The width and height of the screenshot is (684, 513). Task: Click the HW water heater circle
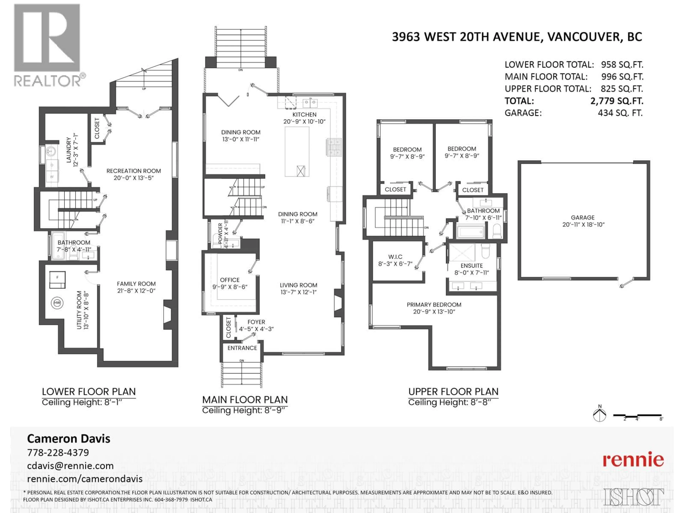coord(57,303)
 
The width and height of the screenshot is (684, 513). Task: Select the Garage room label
coord(583,217)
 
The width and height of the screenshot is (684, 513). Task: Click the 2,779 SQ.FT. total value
coord(617,101)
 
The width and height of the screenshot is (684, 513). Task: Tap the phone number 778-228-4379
coord(58,452)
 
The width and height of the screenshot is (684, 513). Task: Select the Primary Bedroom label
coord(434,305)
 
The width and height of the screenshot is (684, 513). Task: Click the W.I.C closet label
coord(395,257)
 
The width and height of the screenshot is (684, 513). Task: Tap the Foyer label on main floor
coord(256,322)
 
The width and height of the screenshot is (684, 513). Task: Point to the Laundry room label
coord(69,150)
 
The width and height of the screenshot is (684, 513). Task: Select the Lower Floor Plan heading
coord(89,392)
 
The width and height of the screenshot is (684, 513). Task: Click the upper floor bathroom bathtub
coord(470,231)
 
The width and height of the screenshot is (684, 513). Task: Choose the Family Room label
coord(136,284)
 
